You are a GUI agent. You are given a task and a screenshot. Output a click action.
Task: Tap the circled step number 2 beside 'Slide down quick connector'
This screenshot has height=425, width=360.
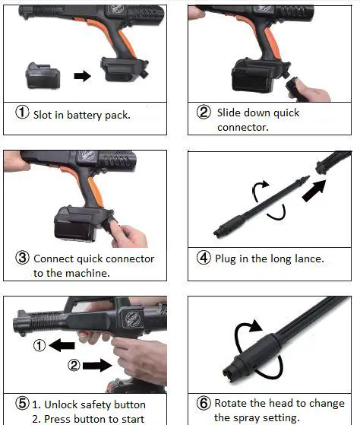point(204,113)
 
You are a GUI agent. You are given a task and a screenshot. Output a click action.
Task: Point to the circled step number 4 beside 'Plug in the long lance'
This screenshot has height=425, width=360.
point(204,258)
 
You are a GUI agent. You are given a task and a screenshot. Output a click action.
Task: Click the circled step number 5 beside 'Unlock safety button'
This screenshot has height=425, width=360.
point(23,404)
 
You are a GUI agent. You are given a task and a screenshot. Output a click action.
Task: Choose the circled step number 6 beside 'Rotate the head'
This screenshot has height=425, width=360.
point(204,403)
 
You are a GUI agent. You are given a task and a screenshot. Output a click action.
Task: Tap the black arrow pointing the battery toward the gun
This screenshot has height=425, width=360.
point(81,76)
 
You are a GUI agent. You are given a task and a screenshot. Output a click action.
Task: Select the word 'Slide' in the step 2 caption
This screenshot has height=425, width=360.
point(230,113)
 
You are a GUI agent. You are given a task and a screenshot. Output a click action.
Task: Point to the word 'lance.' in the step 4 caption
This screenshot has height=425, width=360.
point(308,258)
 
